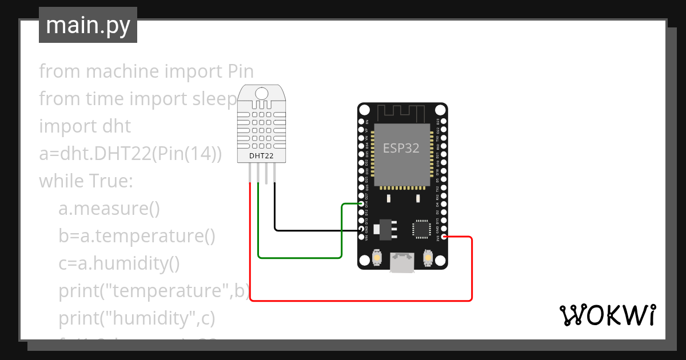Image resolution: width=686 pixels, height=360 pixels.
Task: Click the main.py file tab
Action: (87, 25)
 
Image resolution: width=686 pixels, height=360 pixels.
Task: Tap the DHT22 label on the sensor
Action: (261, 155)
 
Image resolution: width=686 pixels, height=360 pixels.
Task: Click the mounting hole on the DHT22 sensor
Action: (261, 93)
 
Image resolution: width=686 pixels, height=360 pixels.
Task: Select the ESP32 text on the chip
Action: (401, 148)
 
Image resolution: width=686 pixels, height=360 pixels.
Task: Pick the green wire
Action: (300, 257)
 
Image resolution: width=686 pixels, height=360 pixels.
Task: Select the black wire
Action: (309, 230)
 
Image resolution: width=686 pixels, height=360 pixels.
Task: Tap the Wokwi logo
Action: (607, 315)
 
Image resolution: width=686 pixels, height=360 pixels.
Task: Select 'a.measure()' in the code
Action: (109, 209)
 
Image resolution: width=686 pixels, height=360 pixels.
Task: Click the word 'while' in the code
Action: (61, 181)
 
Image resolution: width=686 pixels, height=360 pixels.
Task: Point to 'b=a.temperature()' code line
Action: (137, 236)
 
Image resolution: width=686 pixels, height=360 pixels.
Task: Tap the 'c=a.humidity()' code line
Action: (119, 263)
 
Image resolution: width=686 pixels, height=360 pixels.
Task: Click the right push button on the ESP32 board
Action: (427, 259)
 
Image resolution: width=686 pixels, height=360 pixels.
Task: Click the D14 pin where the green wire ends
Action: (361, 204)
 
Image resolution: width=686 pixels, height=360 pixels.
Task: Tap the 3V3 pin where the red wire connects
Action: (444, 237)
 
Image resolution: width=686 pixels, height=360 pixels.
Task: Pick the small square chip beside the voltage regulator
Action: (421, 229)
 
